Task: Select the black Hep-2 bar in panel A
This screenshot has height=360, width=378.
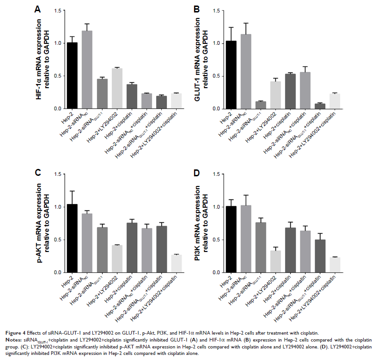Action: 72,76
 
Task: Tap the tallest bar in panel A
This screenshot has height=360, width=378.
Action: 87,70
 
